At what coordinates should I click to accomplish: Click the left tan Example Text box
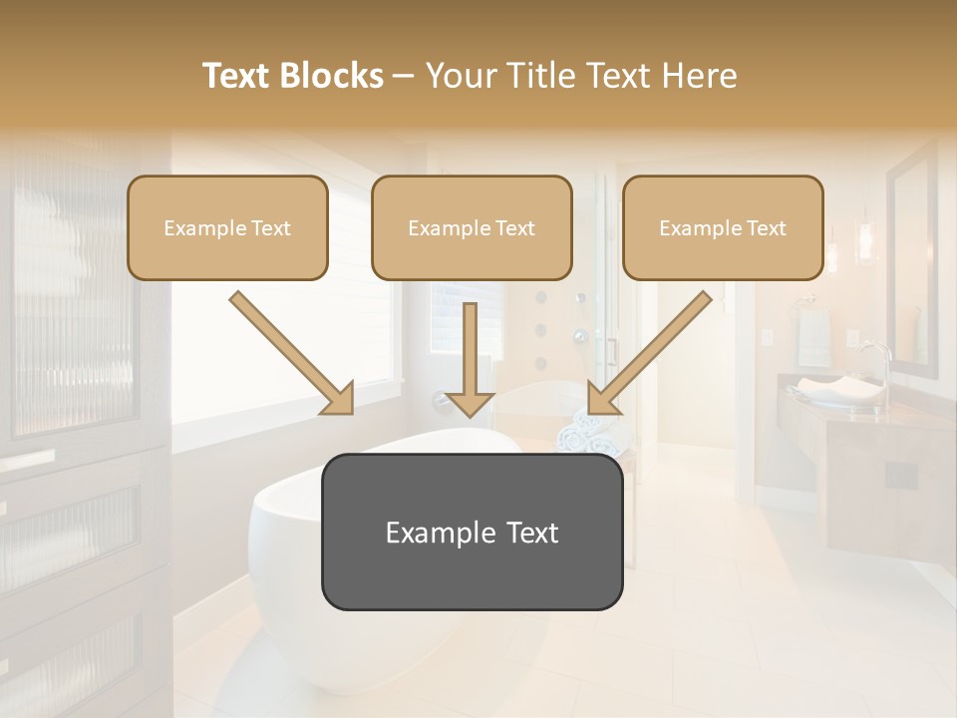pos(227,227)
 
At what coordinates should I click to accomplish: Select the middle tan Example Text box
pos(472,227)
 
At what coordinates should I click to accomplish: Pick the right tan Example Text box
pos(723,227)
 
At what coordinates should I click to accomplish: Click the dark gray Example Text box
pos(472,532)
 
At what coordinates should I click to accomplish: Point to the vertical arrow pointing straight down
pos(470,359)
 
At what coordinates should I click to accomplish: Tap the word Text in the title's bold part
pos(238,76)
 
